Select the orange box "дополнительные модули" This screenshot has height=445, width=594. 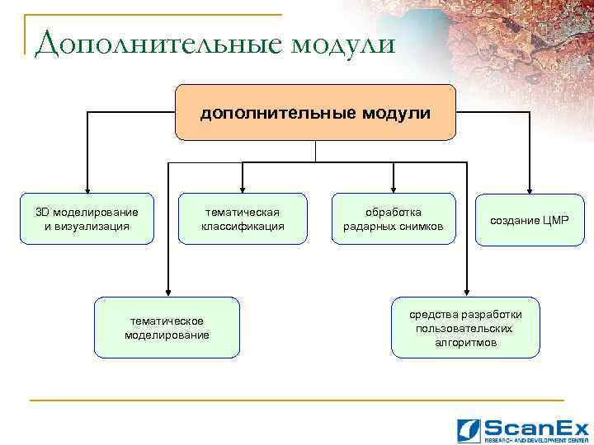315,112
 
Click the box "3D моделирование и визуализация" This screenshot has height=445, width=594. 87,219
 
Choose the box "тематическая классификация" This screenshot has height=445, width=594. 243,219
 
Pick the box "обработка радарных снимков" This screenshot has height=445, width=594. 393,219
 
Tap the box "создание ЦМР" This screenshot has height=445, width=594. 530,220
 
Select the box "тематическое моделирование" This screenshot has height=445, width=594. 167,327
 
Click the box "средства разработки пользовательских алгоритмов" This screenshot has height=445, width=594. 465,327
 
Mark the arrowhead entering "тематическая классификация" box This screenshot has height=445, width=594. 242,189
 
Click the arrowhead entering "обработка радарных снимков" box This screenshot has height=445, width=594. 394,189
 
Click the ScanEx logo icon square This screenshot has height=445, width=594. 469,429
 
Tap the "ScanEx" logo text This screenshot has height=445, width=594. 536,427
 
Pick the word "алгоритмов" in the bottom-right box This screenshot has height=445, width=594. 466,341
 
